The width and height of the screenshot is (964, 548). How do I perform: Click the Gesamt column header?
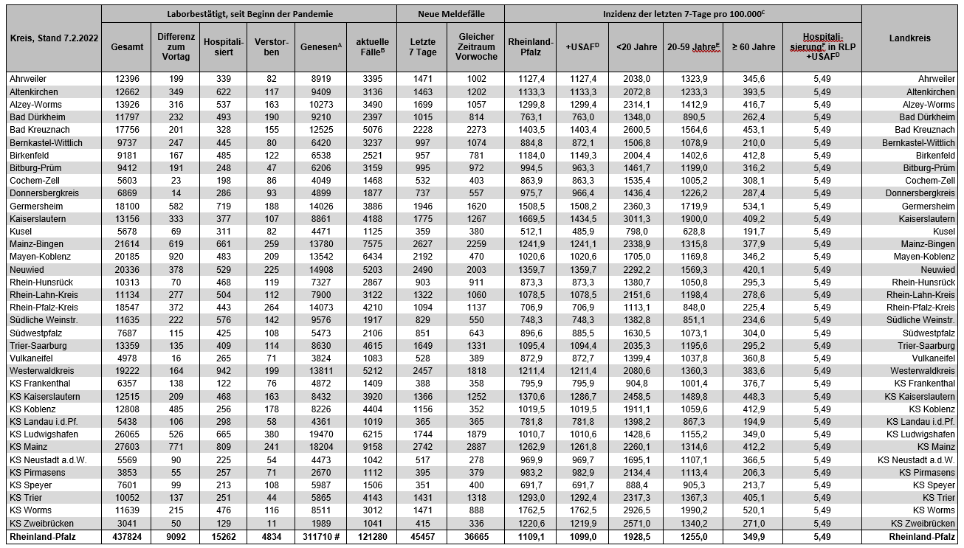point(127,46)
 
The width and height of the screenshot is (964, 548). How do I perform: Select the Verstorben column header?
point(272,46)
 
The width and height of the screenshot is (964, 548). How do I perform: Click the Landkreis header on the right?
point(909,38)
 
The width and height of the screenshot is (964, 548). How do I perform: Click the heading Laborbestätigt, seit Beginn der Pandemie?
point(249,14)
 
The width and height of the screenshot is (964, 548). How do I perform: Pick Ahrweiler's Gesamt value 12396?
point(127,79)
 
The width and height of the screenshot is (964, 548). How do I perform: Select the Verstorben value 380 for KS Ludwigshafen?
point(272,434)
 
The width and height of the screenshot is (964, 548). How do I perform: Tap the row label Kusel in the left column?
point(21,231)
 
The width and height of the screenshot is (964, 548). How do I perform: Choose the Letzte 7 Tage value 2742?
point(422,447)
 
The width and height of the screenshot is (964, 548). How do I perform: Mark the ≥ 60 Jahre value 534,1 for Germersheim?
point(753,206)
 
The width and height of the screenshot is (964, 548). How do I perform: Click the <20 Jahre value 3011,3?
point(636,218)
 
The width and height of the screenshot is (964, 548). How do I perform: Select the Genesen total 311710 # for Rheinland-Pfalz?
point(320,536)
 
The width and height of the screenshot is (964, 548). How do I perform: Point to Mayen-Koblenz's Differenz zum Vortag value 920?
point(176,257)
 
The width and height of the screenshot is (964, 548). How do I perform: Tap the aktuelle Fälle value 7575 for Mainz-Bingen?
point(372,244)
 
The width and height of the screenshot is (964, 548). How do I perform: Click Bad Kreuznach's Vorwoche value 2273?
point(476,130)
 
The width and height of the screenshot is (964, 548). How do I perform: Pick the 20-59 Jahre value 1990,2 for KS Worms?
point(692,510)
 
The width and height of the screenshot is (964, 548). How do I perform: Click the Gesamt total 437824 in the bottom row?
point(127,536)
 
